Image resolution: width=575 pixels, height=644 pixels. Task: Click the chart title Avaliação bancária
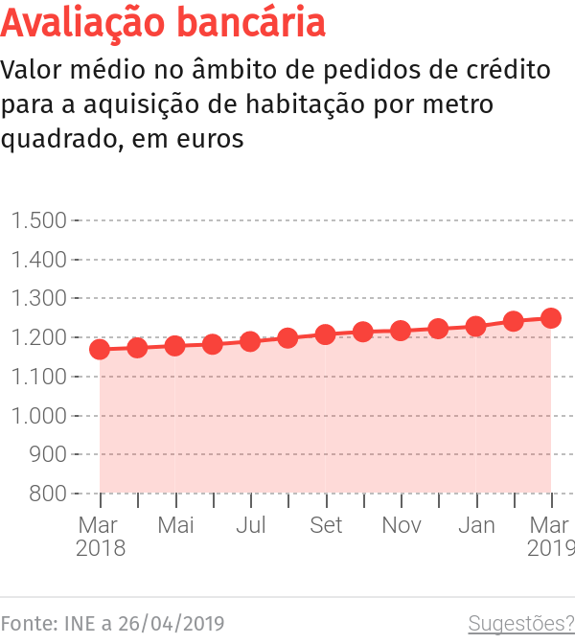tap(163, 23)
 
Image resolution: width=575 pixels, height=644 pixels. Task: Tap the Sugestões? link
tap(520, 624)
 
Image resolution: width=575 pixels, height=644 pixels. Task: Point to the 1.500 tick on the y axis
tap(39, 220)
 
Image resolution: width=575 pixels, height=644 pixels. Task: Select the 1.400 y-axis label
tap(39, 260)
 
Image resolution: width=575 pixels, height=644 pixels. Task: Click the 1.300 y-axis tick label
tap(39, 299)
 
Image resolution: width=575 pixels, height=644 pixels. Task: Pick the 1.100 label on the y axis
tap(39, 377)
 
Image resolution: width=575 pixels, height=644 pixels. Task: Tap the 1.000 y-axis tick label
tap(39, 416)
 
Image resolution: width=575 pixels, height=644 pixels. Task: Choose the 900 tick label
tap(48, 455)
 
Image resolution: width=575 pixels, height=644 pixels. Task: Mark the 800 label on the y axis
tap(48, 494)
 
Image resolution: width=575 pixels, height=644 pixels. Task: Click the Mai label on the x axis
tap(175, 525)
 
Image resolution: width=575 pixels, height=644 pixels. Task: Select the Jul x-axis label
tap(250, 525)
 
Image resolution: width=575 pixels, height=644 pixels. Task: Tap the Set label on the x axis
tap(326, 525)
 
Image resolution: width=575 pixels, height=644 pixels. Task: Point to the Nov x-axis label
tap(401, 525)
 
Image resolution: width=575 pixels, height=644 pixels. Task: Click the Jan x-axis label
tap(476, 525)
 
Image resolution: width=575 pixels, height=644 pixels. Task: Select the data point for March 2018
tap(100, 350)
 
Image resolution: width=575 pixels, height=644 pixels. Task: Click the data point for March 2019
tap(551, 318)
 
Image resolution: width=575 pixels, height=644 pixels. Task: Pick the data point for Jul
tap(250, 341)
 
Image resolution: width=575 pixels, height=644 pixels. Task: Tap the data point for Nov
tap(401, 332)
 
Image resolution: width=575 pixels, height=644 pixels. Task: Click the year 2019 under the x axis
tap(550, 549)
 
